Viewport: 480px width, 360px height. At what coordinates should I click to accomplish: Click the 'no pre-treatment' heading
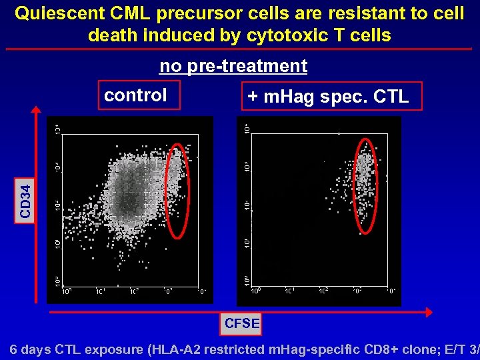click(x=233, y=66)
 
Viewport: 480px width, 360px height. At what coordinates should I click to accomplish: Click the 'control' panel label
click(x=136, y=95)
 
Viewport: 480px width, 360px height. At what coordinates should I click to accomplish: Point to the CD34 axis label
click(x=25, y=199)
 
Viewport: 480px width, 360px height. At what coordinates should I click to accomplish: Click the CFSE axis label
click(x=242, y=323)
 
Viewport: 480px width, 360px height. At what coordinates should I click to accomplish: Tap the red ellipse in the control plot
click(x=177, y=190)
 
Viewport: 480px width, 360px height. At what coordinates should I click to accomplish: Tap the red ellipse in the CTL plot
click(x=365, y=186)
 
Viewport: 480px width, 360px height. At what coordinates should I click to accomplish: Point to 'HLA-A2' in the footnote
click(x=201, y=349)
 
